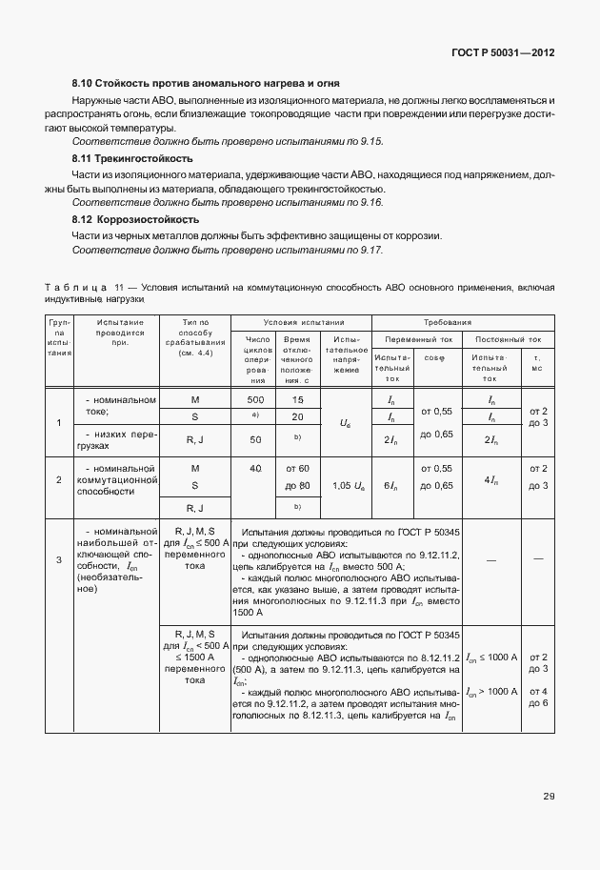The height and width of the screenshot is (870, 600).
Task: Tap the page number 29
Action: pos(549,796)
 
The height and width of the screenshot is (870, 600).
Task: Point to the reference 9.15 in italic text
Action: pos(367,141)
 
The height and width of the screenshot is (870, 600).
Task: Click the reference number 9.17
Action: pos(367,250)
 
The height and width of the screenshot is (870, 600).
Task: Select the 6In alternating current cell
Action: pos(390,486)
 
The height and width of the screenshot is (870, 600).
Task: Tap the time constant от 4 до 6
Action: pos(538,697)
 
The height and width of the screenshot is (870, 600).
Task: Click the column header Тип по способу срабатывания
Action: pos(194,338)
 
